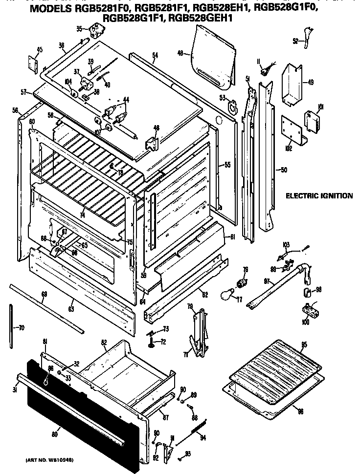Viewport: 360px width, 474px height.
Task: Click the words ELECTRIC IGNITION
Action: [x=319, y=196]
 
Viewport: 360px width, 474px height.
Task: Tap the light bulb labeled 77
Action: [x=226, y=296]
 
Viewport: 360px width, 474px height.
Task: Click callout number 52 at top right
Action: [x=295, y=41]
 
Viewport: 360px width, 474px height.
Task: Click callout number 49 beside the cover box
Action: [x=311, y=82]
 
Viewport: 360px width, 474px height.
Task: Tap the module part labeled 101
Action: [x=311, y=119]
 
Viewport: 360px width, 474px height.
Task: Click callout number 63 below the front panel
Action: [x=71, y=309]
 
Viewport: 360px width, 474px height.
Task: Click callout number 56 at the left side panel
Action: [x=15, y=110]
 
